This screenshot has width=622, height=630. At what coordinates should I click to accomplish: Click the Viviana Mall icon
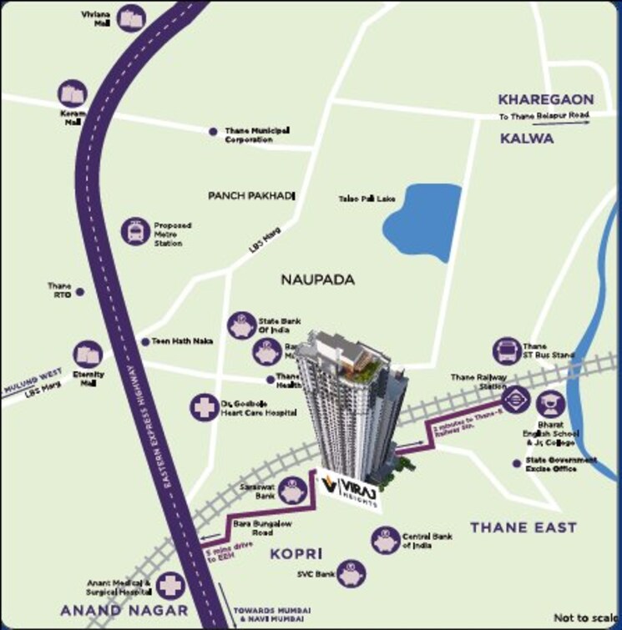click(x=131, y=18)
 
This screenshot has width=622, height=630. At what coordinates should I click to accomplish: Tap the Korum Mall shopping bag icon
click(x=73, y=94)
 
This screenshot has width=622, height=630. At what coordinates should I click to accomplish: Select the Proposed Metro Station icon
click(x=135, y=232)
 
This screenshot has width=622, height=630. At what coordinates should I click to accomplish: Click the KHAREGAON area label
click(x=546, y=99)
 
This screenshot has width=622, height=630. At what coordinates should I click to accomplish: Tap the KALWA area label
click(x=527, y=139)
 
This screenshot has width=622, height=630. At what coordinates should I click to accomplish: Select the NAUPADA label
click(x=318, y=280)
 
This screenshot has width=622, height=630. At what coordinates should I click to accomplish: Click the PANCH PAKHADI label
click(x=252, y=195)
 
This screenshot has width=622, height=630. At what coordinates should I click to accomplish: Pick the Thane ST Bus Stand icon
click(x=506, y=351)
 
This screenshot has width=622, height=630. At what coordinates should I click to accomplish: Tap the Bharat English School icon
click(x=550, y=406)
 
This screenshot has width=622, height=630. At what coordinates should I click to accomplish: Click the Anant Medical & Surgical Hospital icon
click(x=170, y=586)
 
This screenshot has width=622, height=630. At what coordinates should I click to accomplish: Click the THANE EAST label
click(x=523, y=527)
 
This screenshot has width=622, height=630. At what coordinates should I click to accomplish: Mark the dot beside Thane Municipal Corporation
click(x=213, y=132)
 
